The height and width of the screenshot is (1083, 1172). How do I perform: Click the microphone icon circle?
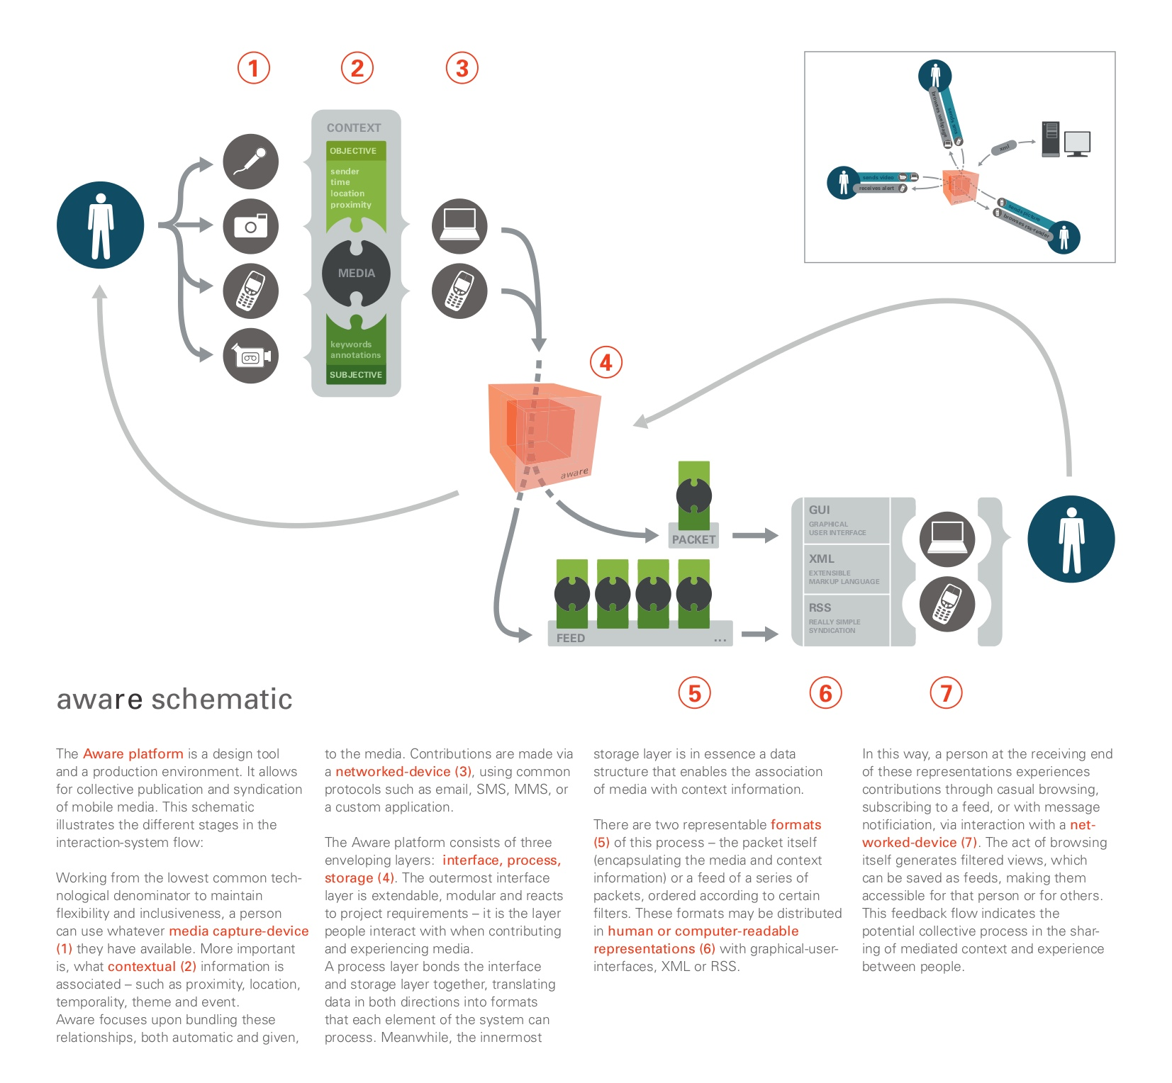tap(251, 162)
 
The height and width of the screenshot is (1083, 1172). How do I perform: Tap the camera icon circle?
tap(251, 227)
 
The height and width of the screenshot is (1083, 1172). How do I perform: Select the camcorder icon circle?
tap(251, 356)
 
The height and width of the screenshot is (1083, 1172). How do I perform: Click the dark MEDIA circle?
tap(356, 273)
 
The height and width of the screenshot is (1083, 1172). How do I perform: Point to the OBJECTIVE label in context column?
tap(354, 151)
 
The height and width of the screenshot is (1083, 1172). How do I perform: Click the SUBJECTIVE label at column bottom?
tap(356, 375)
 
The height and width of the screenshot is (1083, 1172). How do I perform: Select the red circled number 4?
tap(605, 363)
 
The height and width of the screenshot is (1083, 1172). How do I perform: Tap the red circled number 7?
tap(946, 693)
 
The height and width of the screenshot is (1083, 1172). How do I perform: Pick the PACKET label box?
tap(693, 539)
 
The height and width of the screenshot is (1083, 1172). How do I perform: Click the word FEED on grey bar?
tap(571, 638)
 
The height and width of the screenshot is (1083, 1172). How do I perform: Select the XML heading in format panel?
tap(822, 559)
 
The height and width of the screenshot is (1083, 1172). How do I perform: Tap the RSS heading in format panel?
tap(820, 607)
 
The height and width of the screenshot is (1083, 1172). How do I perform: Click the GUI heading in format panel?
tap(819, 510)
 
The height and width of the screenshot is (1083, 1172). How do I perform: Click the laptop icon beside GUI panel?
tap(947, 539)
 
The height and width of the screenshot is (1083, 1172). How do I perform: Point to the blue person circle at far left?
tap(101, 225)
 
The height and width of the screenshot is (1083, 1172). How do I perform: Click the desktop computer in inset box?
tap(1066, 140)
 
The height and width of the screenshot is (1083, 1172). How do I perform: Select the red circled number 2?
tap(357, 68)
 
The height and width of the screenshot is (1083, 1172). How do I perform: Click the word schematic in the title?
tap(221, 700)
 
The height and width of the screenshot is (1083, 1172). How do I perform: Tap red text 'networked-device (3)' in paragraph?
tap(403, 771)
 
